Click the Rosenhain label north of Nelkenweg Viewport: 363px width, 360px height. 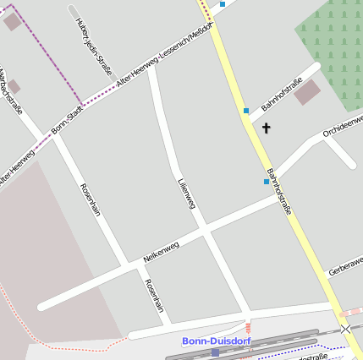pyautogui.click(x=90, y=199)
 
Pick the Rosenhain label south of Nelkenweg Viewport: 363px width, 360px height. pyautogui.click(x=153, y=296)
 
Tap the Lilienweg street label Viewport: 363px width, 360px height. pyautogui.click(x=187, y=194)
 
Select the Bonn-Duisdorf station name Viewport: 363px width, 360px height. pyautogui.click(x=216, y=341)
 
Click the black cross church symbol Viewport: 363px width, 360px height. pyautogui.click(x=267, y=128)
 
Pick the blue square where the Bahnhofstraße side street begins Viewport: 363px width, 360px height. pyautogui.click(x=246, y=111)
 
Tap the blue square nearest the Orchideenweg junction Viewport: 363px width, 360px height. pyautogui.click(x=267, y=181)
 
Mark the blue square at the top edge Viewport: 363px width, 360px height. pyautogui.click(x=223, y=4)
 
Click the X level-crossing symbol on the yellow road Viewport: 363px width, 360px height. pyautogui.click(x=345, y=328)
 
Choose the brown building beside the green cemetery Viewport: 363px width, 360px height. pyautogui.click(x=307, y=92)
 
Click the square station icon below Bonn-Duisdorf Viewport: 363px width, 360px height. pyautogui.click(x=216, y=352)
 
